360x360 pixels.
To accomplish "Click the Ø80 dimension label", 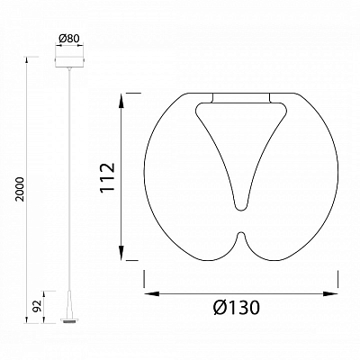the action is tap(69, 39).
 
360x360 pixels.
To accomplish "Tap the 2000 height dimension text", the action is tap(20, 189).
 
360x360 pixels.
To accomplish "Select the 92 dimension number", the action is tap(38, 307).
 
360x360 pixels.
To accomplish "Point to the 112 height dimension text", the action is tap(108, 177).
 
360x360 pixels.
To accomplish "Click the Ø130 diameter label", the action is tap(237, 308).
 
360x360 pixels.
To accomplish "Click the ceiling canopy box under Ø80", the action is tap(70, 61).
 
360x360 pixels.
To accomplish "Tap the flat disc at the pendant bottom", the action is tap(69, 320).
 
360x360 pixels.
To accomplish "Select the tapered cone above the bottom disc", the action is tap(69, 304).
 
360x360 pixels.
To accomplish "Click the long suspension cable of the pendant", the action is tap(70, 180).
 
